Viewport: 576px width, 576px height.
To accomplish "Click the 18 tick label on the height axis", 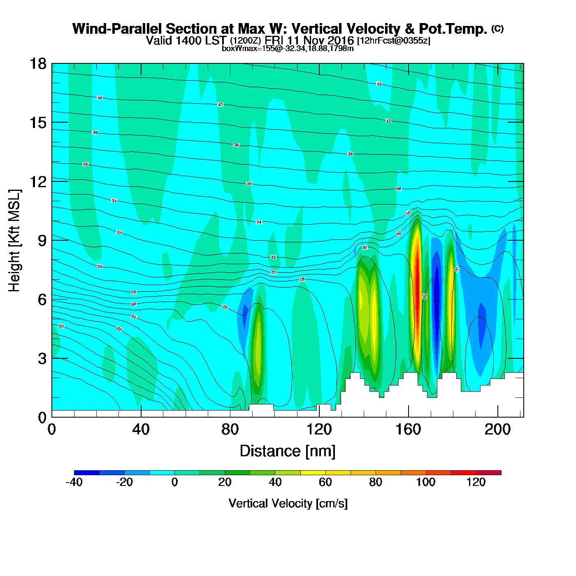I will (x=37, y=64).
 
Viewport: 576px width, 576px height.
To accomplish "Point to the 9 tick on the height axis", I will (x=42, y=240).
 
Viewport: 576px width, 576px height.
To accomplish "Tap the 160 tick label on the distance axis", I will (x=408, y=430).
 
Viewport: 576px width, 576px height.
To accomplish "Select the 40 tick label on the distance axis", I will (x=141, y=430).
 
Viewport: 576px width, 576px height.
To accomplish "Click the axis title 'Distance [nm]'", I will (x=288, y=451).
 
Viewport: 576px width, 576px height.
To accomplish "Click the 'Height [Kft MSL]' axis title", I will (x=14, y=241).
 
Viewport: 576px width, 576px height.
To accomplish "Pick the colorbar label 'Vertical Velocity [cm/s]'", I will (x=288, y=503).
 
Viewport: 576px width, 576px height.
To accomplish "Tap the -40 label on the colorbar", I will (x=74, y=482).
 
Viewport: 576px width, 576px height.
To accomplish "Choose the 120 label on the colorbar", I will (x=476, y=482).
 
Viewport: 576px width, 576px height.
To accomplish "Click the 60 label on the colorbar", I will (x=325, y=482).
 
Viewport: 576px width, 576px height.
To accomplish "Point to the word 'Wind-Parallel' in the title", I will (x=118, y=29).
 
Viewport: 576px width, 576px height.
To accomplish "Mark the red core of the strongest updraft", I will (x=417, y=280).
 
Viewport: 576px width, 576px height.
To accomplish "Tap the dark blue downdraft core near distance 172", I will (x=437, y=296).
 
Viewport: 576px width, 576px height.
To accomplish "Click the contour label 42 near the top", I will (x=379, y=84).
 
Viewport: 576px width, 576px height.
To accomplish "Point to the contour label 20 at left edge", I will (x=61, y=326).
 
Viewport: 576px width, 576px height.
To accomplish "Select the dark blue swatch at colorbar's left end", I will (x=87, y=473).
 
